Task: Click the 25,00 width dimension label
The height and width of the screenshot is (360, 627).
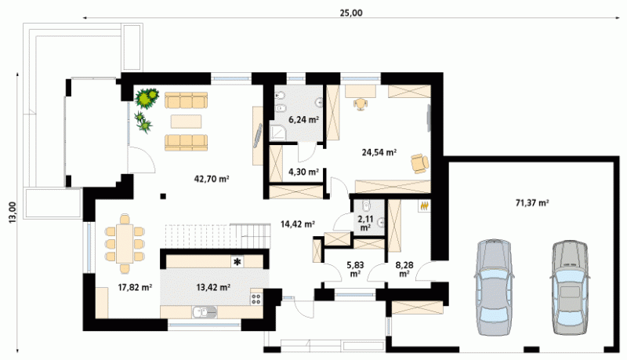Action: coord(351,13)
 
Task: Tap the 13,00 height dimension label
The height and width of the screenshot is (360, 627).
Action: coord(13,212)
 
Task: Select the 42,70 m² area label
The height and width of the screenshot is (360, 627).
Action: coord(212,179)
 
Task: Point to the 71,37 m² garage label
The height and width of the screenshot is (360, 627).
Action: coord(532,203)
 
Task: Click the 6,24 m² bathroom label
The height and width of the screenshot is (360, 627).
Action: coord(304,119)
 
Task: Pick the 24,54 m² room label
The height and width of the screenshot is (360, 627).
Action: coord(379,152)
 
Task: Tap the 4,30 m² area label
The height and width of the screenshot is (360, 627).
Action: coord(303,172)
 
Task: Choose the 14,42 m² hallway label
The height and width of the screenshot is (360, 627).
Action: coord(298,224)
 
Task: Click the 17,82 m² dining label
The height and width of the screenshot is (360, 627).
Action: coord(135,287)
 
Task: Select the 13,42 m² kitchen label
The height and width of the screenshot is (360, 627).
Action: coord(213,287)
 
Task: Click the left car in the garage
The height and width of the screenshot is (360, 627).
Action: coord(494,287)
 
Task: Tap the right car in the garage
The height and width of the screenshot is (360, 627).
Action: coord(570,287)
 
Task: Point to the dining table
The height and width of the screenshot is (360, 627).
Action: coord(125,244)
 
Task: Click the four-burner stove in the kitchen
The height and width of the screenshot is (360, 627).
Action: coord(256,298)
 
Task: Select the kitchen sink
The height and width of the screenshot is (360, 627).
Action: coord(205,311)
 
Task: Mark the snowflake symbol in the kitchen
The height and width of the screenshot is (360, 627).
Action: coord(237,263)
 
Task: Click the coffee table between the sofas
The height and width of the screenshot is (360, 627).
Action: coord(186,122)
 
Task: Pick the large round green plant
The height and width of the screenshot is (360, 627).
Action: coord(147,98)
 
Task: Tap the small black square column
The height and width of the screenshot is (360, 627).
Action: coord(163,196)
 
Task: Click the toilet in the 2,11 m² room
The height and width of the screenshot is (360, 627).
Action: coord(366,206)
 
